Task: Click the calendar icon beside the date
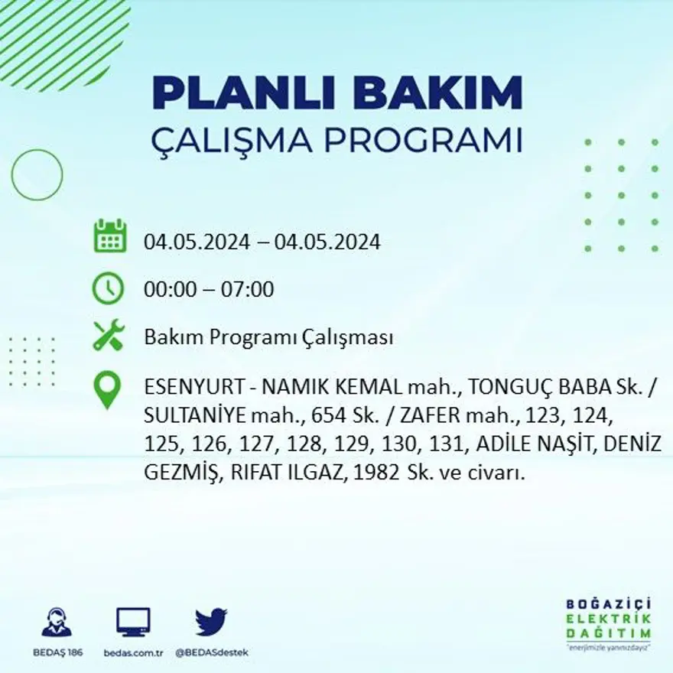click(x=109, y=236)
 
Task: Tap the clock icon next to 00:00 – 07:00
click(x=108, y=288)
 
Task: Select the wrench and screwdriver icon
click(x=108, y=336)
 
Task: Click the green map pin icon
click(x=107, y=389)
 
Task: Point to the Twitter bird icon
click(x=210, y=622)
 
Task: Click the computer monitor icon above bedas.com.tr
click(x=133, y=622)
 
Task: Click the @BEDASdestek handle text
click(x=212, y=652)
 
